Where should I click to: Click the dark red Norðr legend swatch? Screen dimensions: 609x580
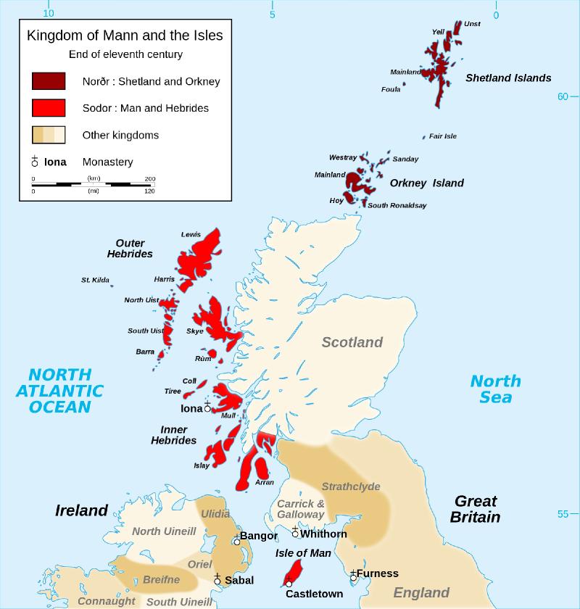click(49, 81)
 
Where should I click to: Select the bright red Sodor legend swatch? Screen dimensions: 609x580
click(49, 108)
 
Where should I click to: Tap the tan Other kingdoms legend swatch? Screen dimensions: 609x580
click(49, 135)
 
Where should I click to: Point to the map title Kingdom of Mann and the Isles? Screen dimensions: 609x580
click(125, 35)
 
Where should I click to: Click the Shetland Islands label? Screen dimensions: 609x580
click(508, 78)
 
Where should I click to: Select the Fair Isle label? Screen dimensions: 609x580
click(442, 136)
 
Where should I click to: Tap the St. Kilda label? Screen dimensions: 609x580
click(95, 280)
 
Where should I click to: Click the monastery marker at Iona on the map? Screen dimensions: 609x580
click(207, 407)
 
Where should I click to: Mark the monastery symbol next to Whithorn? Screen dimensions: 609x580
click(295, 533)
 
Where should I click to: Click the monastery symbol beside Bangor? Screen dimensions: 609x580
click(236, 540)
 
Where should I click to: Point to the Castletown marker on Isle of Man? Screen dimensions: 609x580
click(289, 582)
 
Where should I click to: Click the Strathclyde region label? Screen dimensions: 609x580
click(351, 486)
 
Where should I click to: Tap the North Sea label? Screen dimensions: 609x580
click(495, 389)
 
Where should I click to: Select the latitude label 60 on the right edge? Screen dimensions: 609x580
click(563, 97)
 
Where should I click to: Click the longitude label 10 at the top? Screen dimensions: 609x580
click(49, 13)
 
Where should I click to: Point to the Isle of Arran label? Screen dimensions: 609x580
click(265, 482)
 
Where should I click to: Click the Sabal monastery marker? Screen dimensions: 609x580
click(217, 579)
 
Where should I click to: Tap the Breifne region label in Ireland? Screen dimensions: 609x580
click(161, 579)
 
